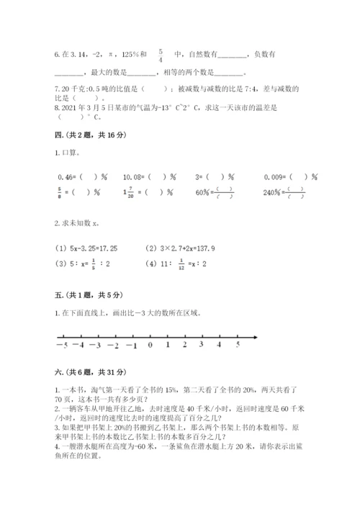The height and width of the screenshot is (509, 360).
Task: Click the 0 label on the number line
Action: [149, 345]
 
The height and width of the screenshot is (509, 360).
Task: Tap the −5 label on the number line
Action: [59, 345]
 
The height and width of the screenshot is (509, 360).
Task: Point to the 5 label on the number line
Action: [238, 345]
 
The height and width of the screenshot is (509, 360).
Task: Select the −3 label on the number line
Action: [95, 345]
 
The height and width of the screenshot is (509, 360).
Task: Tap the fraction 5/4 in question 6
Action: [161, 55]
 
